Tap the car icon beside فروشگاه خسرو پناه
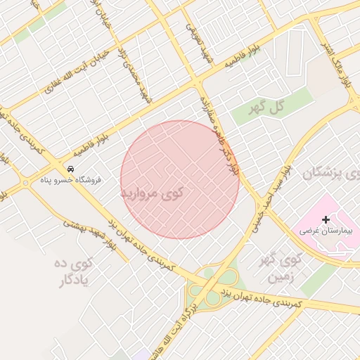click(x=71, y=169)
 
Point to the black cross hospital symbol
click(x=326, y=220)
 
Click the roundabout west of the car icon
click(x=25, y=184)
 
